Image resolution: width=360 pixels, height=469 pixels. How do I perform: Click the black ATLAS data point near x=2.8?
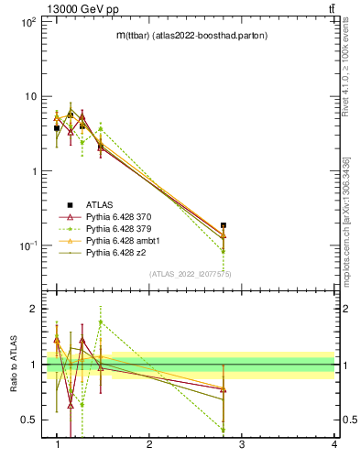click(x=224, y=225)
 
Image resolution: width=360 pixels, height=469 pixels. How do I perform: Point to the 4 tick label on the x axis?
click(x=334, y=445)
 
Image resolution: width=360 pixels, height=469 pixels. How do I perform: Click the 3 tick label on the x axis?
click(x=242, y=445)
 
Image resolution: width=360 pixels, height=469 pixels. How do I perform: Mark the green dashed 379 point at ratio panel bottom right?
click(x=224, y=430)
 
